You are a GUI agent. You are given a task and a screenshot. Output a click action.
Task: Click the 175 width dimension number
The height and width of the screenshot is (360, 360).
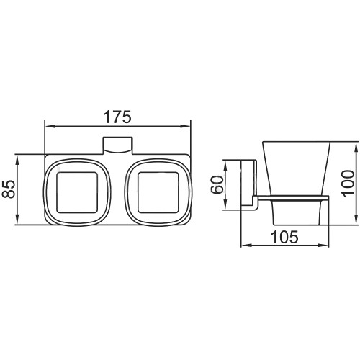click(117, 117)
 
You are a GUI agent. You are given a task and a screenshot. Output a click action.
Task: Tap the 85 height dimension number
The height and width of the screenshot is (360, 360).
click(9, 189)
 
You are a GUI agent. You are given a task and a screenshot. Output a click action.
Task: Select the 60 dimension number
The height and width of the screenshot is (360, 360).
click(217, 184)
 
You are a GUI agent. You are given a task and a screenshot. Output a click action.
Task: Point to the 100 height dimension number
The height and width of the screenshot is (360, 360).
click(348, 184)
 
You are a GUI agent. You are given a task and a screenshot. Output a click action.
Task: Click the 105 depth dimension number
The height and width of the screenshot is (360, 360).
click(284, 237)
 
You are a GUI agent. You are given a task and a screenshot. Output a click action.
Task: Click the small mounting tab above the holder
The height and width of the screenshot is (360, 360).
click(117, 145)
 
